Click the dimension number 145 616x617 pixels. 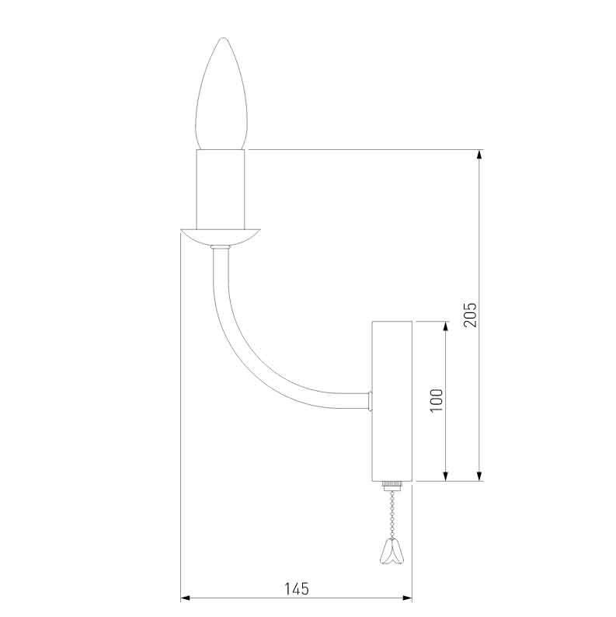click(x=297, y=589)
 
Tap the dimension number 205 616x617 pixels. click(x=470, y=315)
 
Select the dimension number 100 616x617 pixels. click(x=437, y=400)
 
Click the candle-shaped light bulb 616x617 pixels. click(x=222, y=94)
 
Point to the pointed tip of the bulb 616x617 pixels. click(x=224, y=38)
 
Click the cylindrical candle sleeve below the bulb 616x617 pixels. click(x=221, y=190)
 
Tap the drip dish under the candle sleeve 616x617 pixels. click(x=220, y=237)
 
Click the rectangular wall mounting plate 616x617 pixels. click(x=392, y=401)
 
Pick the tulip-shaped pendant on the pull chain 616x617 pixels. click(x=392, y=551)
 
